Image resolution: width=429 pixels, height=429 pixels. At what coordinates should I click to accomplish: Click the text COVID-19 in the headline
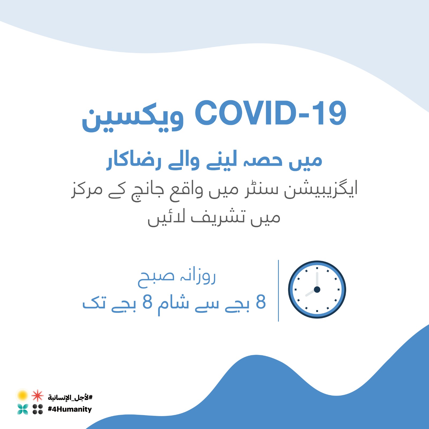coord(271,113)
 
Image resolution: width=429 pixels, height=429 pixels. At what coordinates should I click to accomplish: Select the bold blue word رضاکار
coord(134,161)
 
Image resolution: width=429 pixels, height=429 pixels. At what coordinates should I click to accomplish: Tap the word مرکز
coord(87,189)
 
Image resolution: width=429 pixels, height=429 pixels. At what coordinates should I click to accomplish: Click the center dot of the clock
coord(317,290)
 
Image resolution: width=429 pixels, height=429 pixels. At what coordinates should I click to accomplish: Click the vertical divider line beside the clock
coord(279,290)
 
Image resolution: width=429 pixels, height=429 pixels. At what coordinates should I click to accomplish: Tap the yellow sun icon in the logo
coord(23,395)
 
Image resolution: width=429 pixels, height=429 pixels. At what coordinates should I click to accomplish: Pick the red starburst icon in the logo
coord(38,395)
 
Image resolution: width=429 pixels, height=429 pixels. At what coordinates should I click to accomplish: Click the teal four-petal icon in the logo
coord(23,409)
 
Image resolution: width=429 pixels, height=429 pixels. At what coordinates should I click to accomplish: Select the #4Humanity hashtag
coord(70,409)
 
